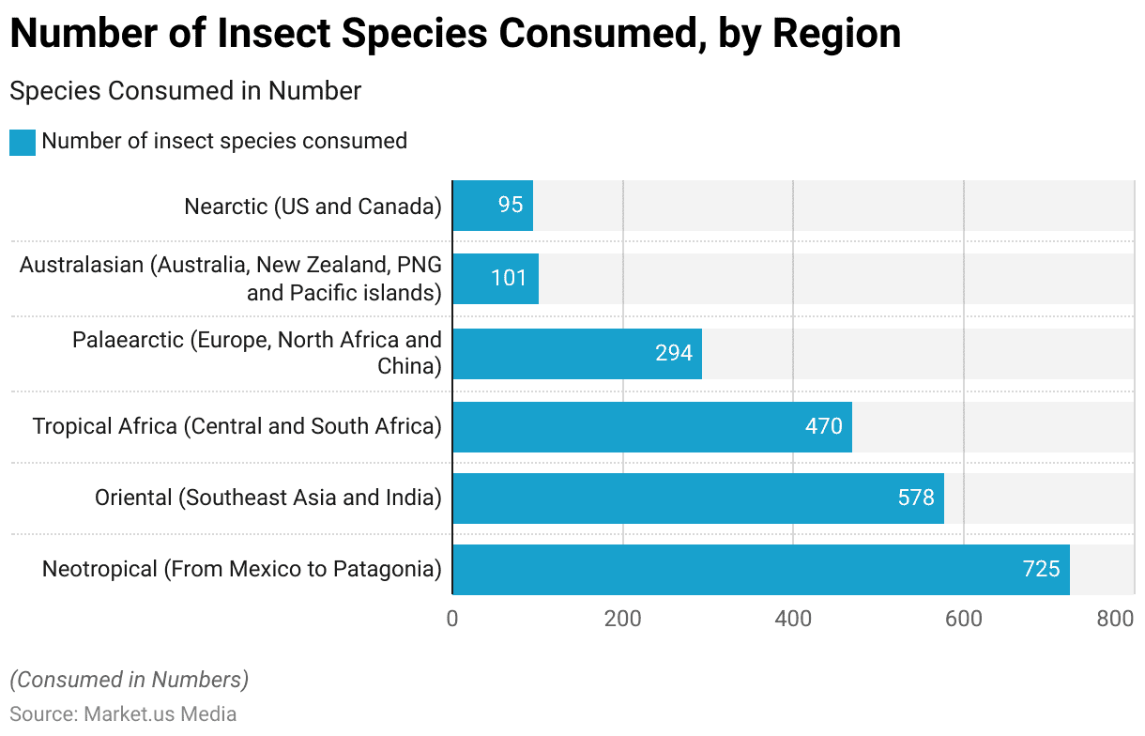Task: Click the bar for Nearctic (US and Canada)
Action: (x=493, y=206)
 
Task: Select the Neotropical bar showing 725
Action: (x=760, y=569)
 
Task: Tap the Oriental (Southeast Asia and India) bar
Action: (x=697, y=498)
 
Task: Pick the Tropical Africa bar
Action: (x=651, y=426)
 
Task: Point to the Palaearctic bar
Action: (x=576, y=353)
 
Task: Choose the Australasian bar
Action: (x=496, y=279)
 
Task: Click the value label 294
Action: (x=674, y=353)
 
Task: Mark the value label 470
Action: (x=824, y=426)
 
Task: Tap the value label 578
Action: (x=916, y=498)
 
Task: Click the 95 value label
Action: (x=511, y=206)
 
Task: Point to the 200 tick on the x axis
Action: (x=623, y=619)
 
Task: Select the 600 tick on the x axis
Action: (x=964, y=619)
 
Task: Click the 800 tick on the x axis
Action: (x=1116, y=619)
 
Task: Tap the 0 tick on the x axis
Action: (x=452, y=619)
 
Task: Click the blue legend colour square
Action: (x=23, y=142)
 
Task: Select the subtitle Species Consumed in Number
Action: (x=185, y=91)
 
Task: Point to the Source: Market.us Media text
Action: (x=123, y=713)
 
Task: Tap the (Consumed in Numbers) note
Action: (x=129, y=680)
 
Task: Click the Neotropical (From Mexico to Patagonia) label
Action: (x=242, y=569)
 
